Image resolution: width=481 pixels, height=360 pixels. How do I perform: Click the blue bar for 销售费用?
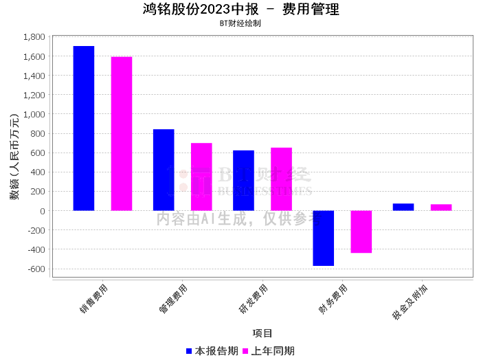84,128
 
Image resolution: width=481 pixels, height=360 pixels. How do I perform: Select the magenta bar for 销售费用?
122,134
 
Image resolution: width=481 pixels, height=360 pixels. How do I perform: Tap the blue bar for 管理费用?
164,170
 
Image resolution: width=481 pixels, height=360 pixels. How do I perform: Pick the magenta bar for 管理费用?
201,177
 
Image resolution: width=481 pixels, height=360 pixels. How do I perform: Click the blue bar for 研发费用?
243,180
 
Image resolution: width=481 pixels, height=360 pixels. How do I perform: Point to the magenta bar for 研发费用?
281,179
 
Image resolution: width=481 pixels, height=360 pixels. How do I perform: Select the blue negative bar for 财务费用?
324,238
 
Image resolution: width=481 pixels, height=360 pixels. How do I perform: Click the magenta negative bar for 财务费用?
361,232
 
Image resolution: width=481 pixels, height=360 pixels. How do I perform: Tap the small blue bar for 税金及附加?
403,207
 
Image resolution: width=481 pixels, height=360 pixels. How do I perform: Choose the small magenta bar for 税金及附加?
441,207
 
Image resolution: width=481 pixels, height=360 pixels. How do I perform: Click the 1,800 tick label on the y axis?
34,37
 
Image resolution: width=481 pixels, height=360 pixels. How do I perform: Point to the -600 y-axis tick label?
36,269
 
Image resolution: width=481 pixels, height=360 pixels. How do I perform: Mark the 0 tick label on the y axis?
43,211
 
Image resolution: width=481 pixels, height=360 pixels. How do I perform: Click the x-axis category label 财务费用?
333,299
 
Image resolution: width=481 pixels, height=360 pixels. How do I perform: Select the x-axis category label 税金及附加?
410,302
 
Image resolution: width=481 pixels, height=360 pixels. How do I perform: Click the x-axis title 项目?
262,333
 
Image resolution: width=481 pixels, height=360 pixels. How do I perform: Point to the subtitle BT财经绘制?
240,23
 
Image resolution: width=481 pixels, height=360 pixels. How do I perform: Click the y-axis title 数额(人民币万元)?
14,157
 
